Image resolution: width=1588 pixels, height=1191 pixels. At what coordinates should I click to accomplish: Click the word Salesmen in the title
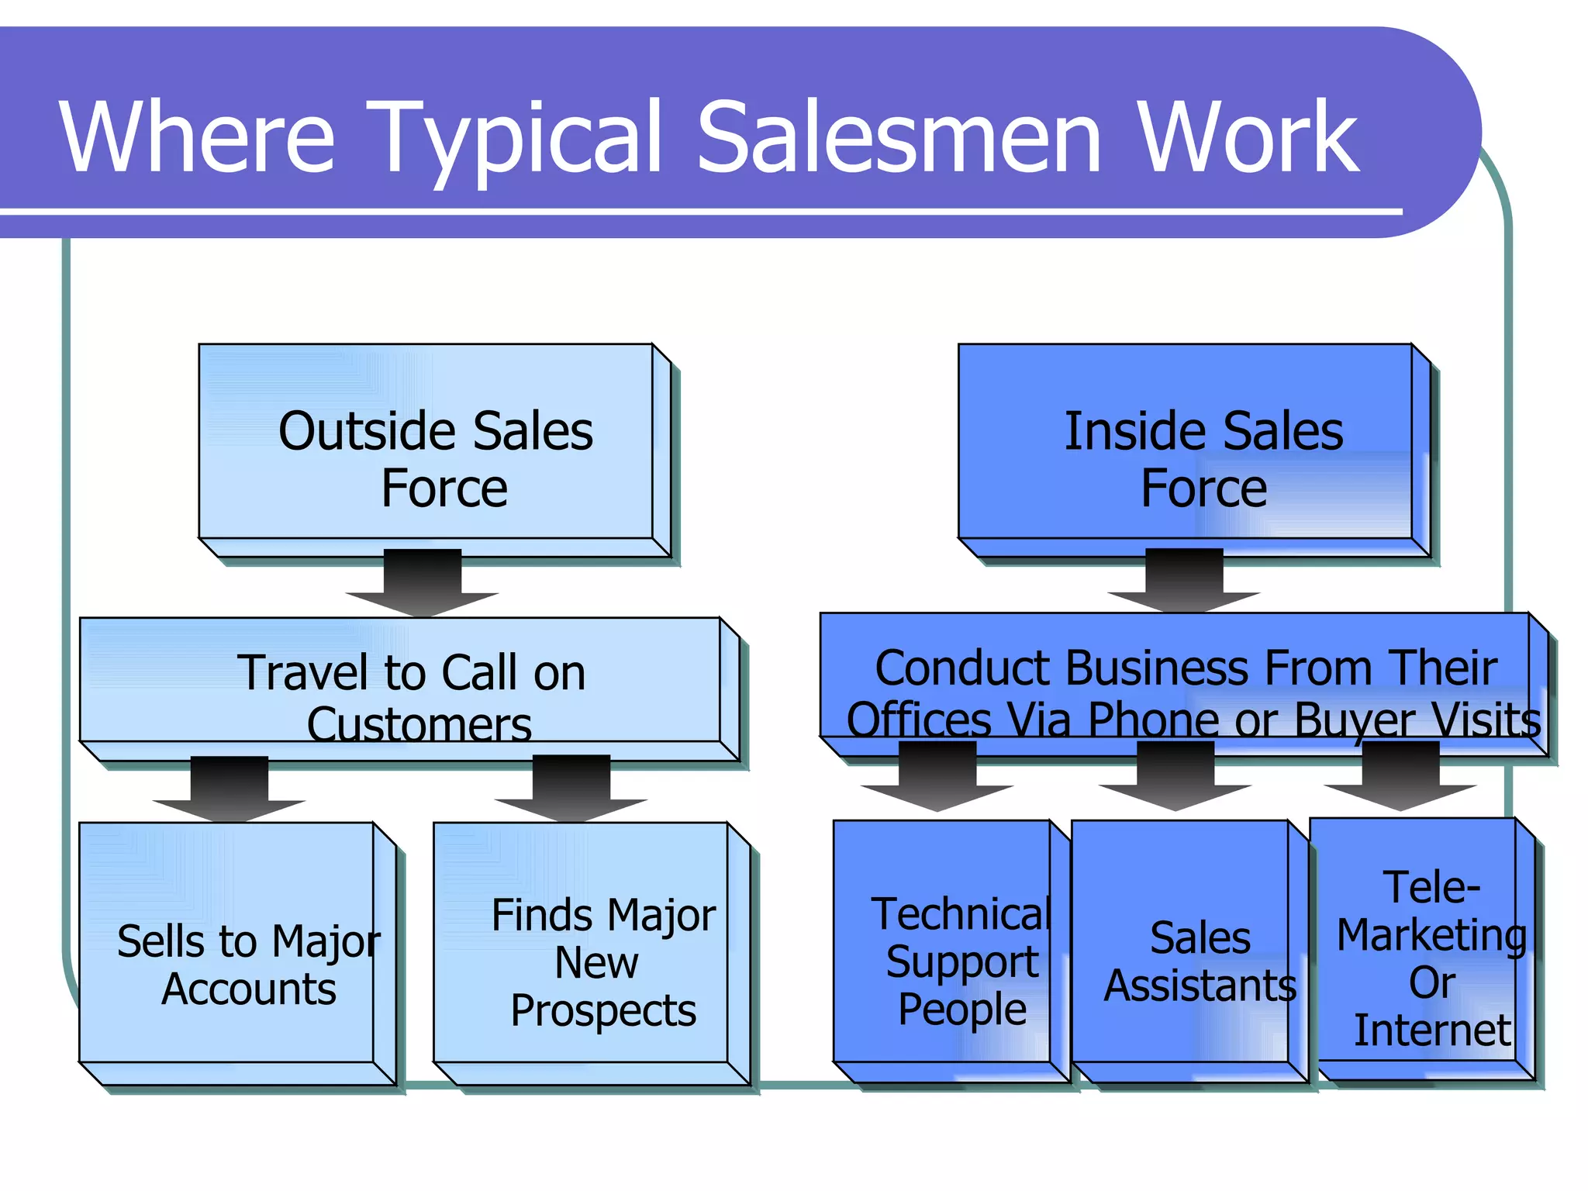[x=899, y=138]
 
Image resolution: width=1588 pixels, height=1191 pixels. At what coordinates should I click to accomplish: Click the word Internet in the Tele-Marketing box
[x=1432, y=1030]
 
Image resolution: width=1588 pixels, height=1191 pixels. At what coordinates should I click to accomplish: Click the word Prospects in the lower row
[x=603, y=1011]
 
